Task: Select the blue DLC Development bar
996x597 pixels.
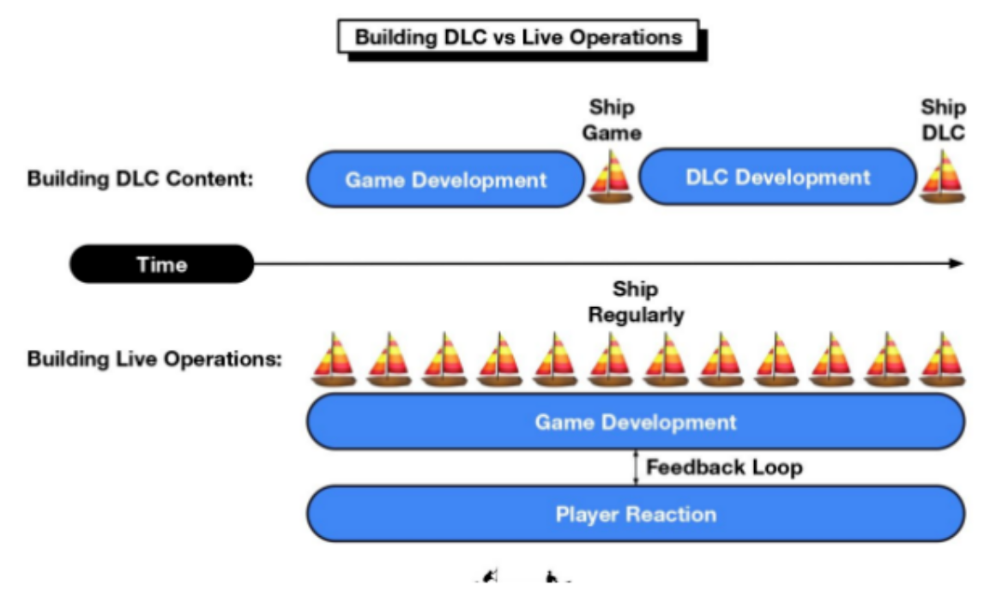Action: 777,178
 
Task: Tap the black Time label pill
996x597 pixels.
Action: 162,264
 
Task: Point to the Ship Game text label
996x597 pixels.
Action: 613,120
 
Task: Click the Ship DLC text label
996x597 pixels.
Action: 943,120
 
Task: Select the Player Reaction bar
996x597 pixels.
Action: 636,514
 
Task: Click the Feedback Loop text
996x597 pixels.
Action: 724,467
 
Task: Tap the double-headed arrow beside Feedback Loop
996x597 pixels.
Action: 636,467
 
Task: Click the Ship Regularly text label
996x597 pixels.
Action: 636,303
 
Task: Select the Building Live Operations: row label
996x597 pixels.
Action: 154,359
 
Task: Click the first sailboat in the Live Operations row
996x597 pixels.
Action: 334,359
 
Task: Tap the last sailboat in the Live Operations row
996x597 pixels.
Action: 942,359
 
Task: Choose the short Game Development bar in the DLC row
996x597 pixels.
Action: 445,179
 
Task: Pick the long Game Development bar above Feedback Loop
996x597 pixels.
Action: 636,422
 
